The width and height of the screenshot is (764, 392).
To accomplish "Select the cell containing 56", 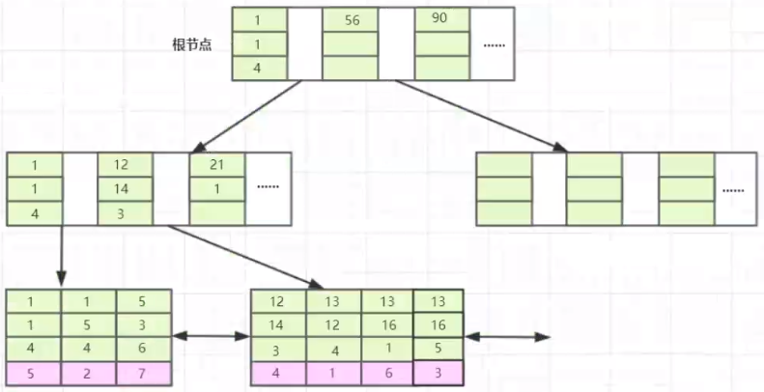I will pos(350,19).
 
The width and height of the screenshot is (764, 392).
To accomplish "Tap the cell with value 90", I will pos(440,19).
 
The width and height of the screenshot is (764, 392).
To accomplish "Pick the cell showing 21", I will pos(217,165).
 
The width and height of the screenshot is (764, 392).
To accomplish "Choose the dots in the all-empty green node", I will pos(734,190).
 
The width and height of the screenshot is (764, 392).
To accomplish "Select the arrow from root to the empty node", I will pos(483,116).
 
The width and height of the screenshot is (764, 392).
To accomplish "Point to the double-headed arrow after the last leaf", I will pos(507,336).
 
